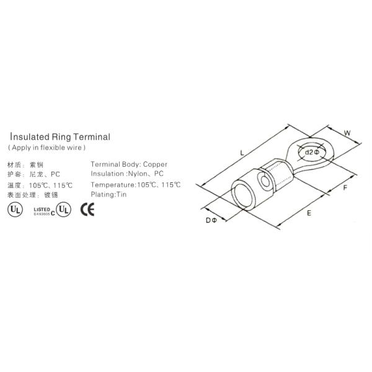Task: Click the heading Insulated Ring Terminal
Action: (x=60, y=138)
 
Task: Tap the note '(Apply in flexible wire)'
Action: (x=46, y=148)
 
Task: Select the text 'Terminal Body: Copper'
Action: (x=128, y=164)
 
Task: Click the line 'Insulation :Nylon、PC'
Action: (x=127, y=174)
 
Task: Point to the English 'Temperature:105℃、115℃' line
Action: (x=135, y=185)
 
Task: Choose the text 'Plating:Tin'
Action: (x=108, y=195)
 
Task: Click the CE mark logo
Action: (x=88, y=210)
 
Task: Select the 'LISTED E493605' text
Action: (x=41, y=210)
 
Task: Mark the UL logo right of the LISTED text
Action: (x=64, y=210)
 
